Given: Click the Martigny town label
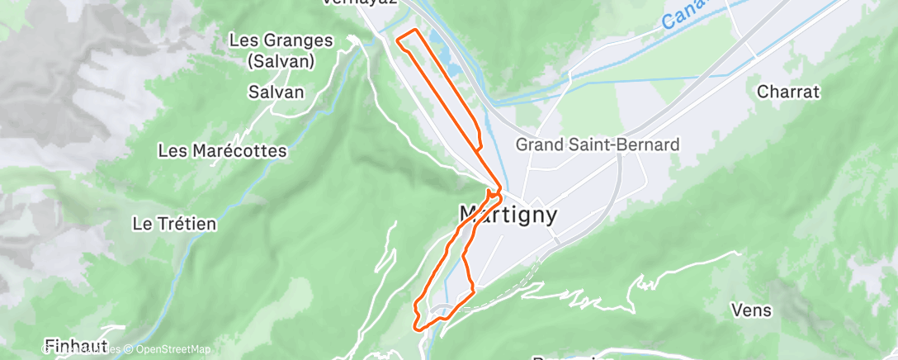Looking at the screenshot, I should tap(508, 216).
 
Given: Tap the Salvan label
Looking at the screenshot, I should tap(276, 92).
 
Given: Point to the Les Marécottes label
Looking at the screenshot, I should tap(222, 151).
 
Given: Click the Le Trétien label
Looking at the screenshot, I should tap(174, 223).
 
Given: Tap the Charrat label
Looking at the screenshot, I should tap(788, 92).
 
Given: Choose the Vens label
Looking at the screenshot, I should tap(751, 310).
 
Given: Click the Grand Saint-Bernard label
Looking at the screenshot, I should tap(598, 144).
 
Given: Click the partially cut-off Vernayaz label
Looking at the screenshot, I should tap(360, 2).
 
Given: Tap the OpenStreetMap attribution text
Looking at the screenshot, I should tap(169, 350).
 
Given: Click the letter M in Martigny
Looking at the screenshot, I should tap(470, 215).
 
